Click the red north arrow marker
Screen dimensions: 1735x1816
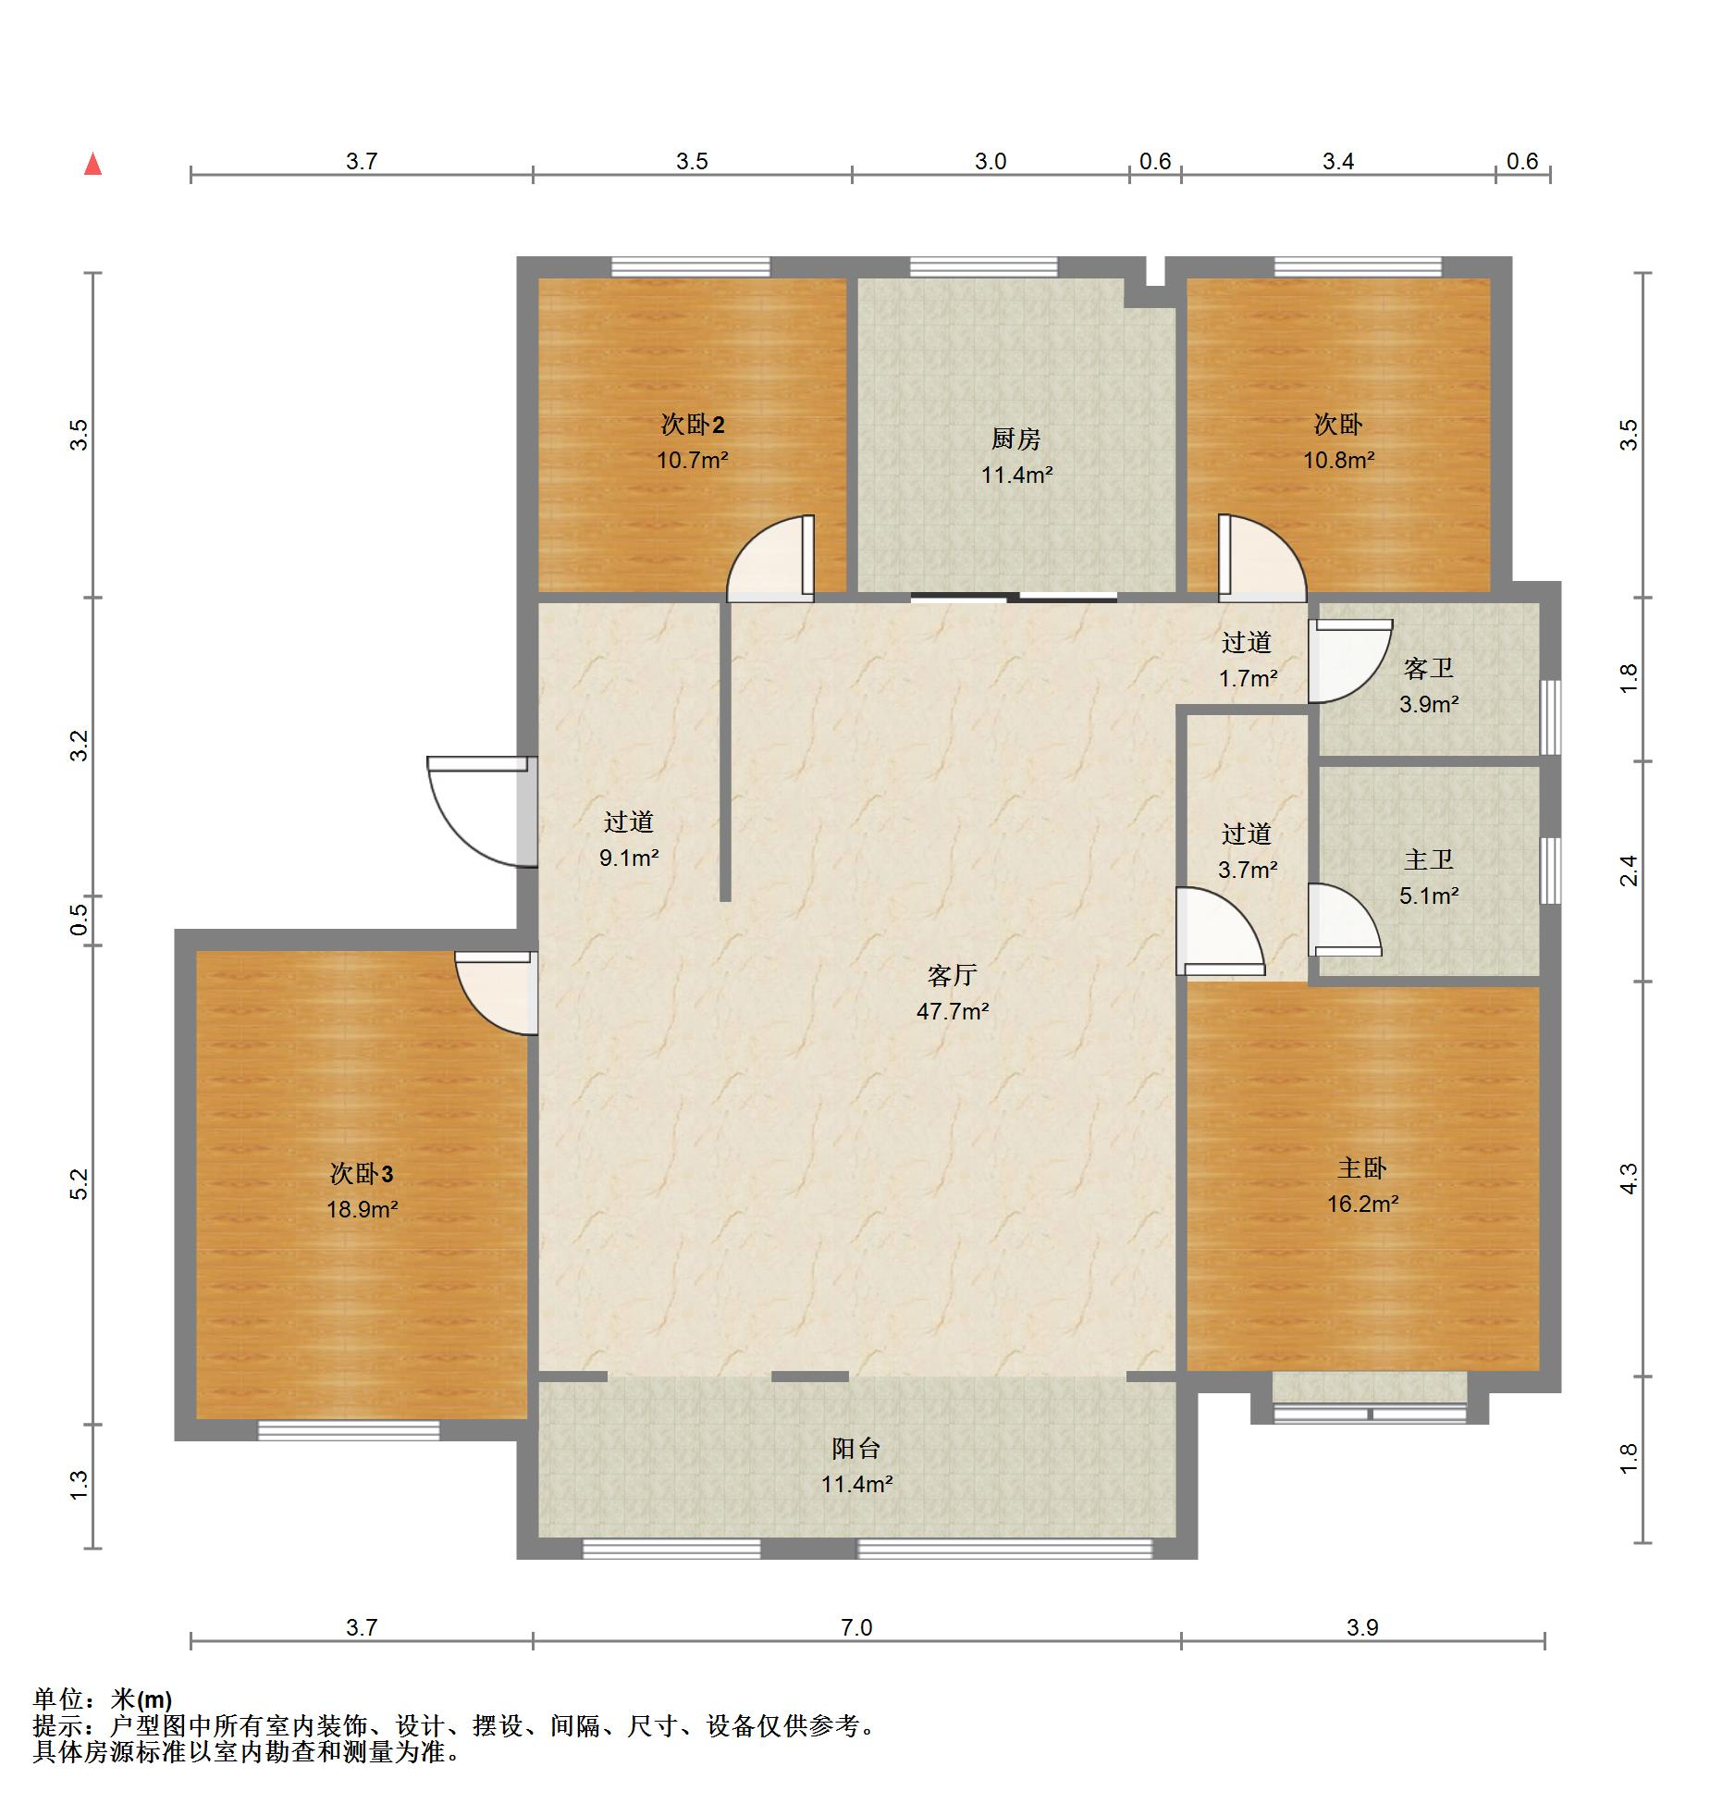pos(92,164)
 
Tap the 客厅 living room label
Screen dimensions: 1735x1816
pos(952,975)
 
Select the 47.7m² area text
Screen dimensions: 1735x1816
pos(953,1011)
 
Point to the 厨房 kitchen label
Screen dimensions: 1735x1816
pos(1016,439)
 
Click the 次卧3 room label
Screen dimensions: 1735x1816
pos(362,1174)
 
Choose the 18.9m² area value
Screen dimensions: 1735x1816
pos(362,1209)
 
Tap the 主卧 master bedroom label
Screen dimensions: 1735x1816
pos(1361,1168)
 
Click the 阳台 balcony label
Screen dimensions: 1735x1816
pos(856,1449)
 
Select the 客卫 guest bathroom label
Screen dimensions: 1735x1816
pos(1428,668)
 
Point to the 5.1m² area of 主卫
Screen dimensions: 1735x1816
pos(1429,896)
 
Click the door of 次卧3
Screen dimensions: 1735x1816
pos(496,993)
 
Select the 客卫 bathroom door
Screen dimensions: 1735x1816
pos(1350,661)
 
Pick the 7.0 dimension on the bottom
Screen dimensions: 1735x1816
pos(856,1627)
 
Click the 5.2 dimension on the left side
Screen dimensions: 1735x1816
pos(80,1184)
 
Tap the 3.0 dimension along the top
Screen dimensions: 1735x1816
pos(990,162)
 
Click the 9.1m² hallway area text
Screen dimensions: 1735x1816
pos(629,858)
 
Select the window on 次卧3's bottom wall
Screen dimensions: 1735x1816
pos(349,1430)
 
